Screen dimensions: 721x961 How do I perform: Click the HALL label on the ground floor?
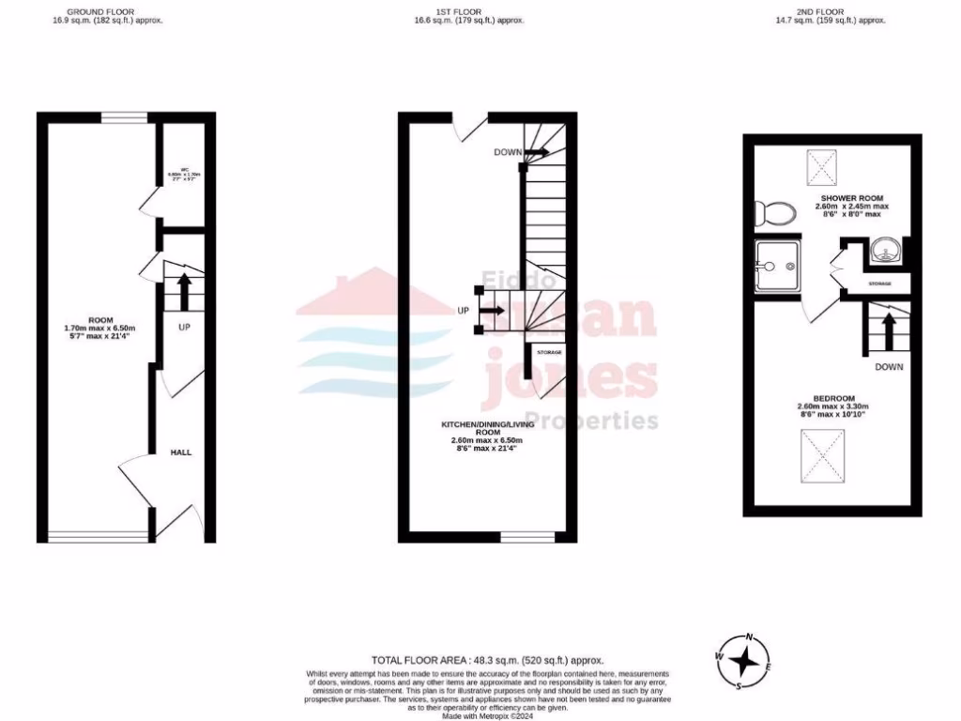pyautogui.click(x=180, y=453)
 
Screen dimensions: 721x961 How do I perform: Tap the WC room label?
pyautogui.click(x=185, y=175)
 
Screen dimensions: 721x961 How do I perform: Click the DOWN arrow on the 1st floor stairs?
pyautogui.click(x=537, y=151)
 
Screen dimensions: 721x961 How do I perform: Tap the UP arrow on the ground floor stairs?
pyautogui.click(x=183, y=290)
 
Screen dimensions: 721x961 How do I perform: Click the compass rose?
pyautogui.click(x=743, y=662)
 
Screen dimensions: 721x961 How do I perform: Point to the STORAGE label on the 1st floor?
pyautogui.click(x=549, y=352)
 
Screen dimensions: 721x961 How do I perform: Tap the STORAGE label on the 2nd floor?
pyautogui.click(x=879, y=283)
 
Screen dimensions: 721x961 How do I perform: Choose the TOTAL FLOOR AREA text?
pyautogui.click(x=487, y=661)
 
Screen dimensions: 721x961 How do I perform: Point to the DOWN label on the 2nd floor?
pyautogui.click(x=889, y=367)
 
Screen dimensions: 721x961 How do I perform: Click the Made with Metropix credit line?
pyautogui.click(x=487, y=716)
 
